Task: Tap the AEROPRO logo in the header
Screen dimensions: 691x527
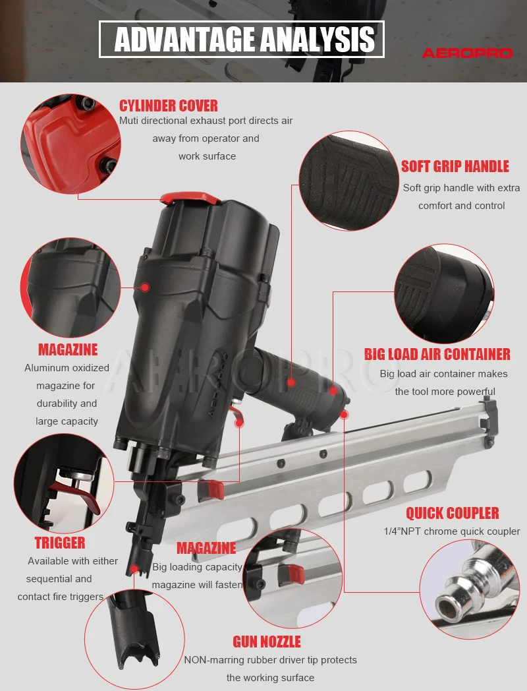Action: click(x=466, y=53)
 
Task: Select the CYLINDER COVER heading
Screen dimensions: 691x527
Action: click(x=168, y=105)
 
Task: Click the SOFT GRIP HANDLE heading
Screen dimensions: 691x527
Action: click(x=455, y=166)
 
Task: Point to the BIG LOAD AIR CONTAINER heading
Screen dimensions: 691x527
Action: click(x=437, y=354)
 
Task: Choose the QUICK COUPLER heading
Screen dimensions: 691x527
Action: click(x=452, y=513)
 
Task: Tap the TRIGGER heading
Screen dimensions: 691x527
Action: click(x=60, y=543)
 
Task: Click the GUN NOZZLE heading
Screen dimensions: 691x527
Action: click(x=266, y=642)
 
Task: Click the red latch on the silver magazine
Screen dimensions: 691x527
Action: click(x=214, y=489)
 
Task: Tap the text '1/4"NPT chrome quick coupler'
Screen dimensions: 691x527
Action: click(x=452, y=531)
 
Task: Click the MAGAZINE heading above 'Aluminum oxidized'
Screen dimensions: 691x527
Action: click(x=67, y=349)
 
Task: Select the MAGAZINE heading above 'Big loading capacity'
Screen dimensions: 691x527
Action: click(x=206, y=548)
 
